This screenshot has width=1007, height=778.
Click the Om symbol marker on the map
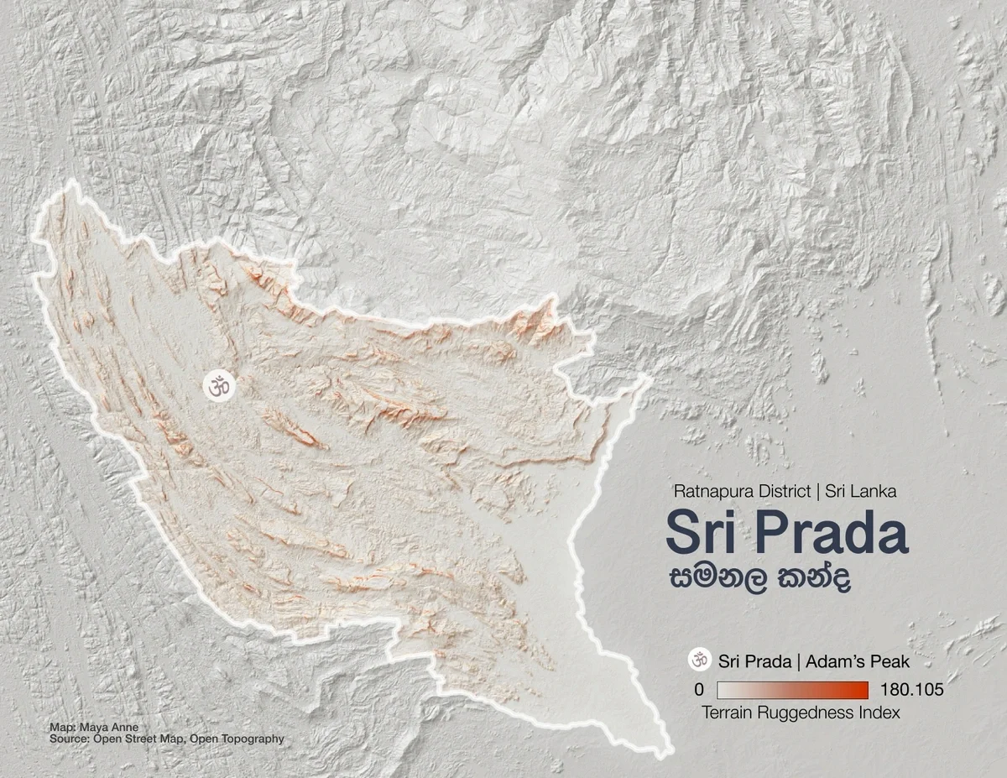pos(220,386)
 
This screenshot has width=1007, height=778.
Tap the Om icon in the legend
pos(698,661)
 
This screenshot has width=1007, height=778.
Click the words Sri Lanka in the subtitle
pos(861,492)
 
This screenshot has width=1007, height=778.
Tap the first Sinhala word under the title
pos(718,580)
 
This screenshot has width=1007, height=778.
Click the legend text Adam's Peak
pos(856,661)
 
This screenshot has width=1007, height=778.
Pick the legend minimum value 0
pos(699,690)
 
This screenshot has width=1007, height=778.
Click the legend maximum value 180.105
pos(913,690)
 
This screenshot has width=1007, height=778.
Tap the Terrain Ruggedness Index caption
pos(800,713)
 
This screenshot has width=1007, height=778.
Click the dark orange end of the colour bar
pos(860,690)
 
